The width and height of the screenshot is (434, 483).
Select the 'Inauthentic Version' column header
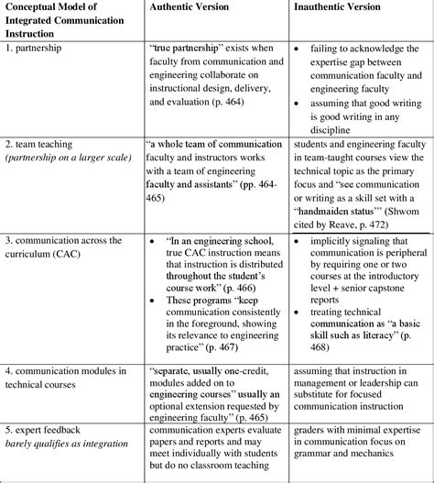point(337,7)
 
